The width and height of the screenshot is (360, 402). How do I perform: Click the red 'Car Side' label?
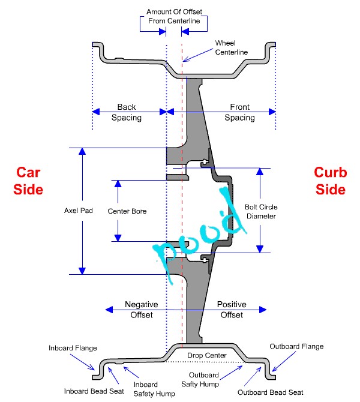click(28, 181)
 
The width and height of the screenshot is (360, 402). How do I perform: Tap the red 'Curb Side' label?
click(331, 181)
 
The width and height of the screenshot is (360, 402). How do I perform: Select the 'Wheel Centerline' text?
click(231, 47)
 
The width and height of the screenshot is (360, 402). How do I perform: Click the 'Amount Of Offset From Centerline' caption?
click(175, 16)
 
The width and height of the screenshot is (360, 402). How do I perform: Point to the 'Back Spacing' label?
click(127, 112)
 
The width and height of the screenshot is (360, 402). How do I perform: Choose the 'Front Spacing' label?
click(240, 112)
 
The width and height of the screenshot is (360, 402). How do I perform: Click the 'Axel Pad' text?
click(79, 211)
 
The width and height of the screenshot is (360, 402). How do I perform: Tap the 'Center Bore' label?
click(127, 211)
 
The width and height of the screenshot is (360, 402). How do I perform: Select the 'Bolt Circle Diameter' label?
click(261, 212)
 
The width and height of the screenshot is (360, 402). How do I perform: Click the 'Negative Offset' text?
click(141, 310)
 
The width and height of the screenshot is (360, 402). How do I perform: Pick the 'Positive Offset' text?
click(232, 310)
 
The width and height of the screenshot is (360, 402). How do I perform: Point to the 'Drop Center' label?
click(207, 355)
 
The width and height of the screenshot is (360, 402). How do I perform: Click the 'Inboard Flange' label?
click(73, 348)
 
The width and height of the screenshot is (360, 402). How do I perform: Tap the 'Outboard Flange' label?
click(296, 346)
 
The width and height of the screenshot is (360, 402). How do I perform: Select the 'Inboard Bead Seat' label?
click(94, 391)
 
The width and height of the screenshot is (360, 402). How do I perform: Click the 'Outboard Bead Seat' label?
click(270, 392)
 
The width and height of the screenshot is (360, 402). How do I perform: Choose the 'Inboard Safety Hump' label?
click(154, 389)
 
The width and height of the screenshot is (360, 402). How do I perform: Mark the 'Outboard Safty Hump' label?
click(200, 380)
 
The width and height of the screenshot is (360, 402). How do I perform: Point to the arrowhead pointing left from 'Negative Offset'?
click(109, 310)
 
